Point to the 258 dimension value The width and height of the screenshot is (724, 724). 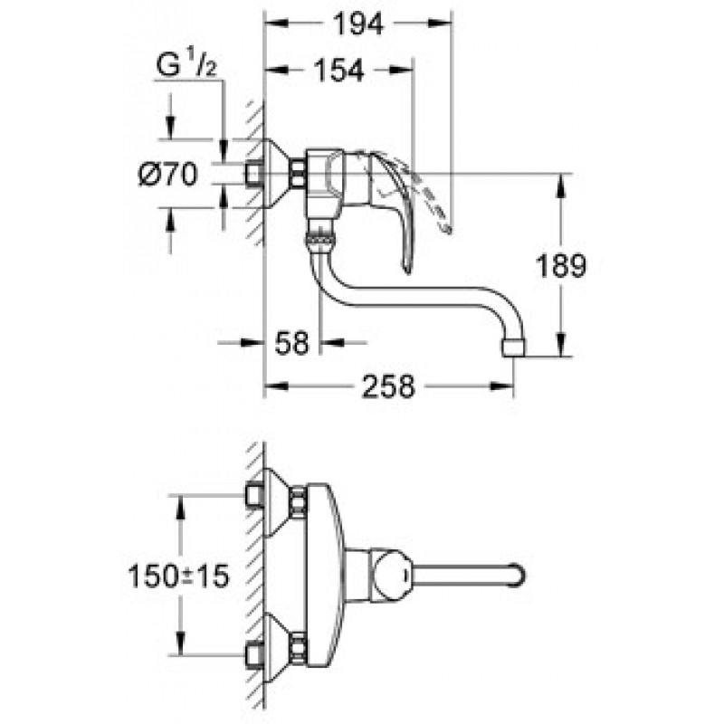click(387, 387)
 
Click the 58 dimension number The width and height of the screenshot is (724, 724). click(291, 342)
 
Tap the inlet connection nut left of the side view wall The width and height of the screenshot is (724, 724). click(254, 173)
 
